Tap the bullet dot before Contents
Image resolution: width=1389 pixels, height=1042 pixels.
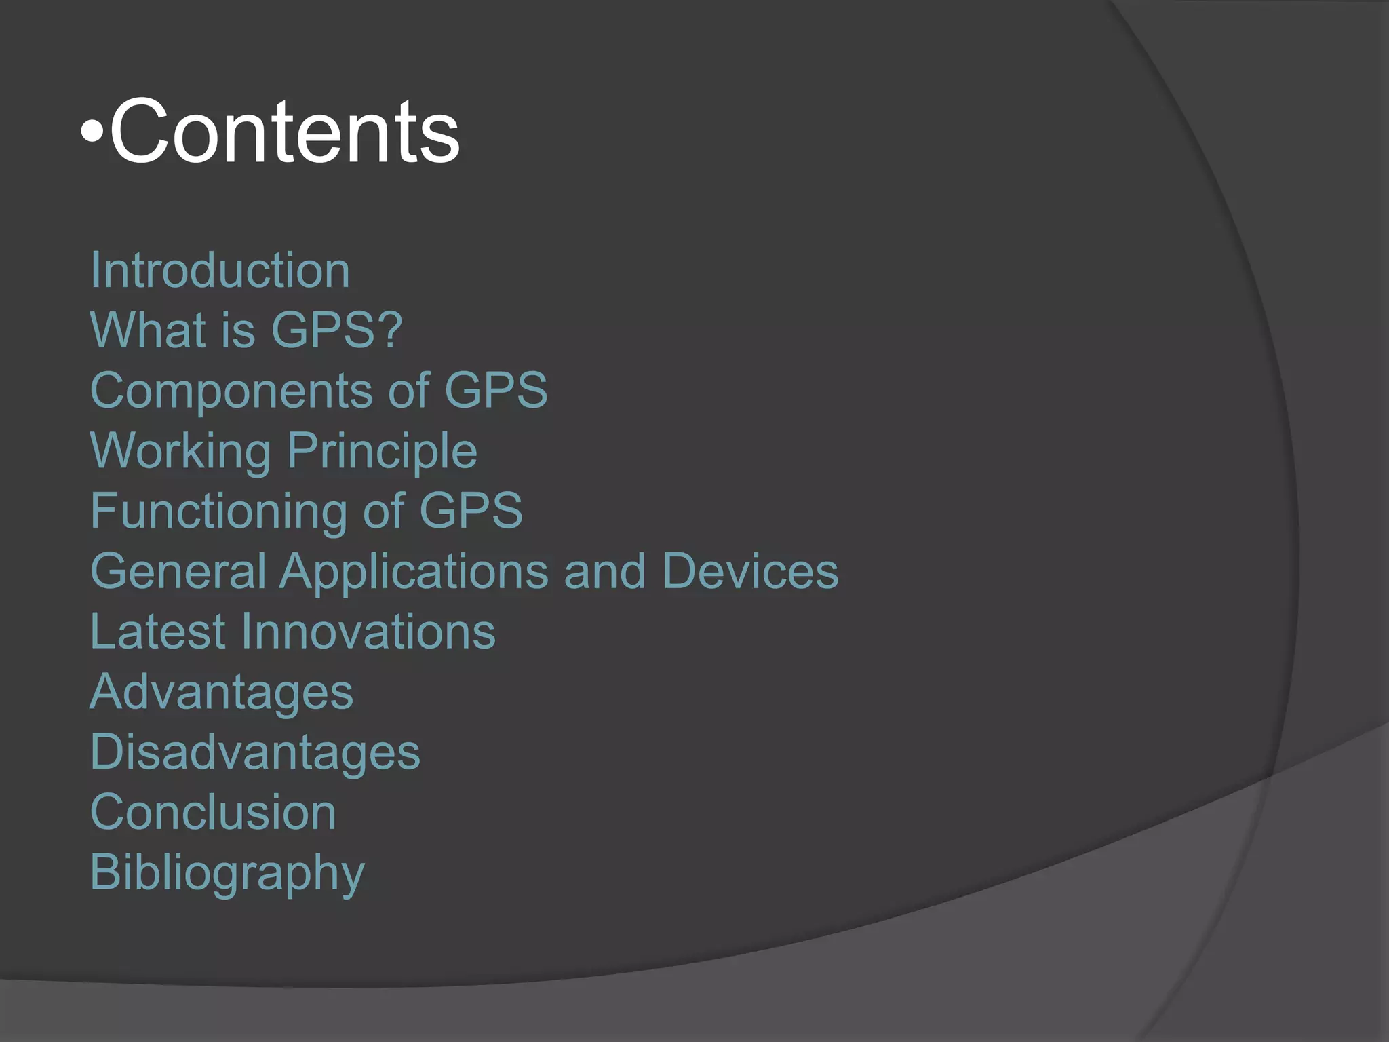click(92, 133)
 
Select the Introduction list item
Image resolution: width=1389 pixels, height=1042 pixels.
click(220, 271)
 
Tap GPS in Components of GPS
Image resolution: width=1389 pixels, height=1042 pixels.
click(495, 391)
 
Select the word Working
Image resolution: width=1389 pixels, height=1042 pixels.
click(180, 451)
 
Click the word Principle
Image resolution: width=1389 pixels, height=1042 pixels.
click(383, 451)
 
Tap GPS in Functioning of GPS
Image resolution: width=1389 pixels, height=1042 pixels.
click(471, 511)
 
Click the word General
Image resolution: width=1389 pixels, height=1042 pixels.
click(178, 571)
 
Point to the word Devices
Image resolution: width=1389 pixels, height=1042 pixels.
click(750, 571)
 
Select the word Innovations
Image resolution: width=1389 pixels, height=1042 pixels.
click(368, 632)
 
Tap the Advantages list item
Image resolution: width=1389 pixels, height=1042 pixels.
click(221, 693)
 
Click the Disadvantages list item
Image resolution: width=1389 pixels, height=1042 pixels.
click(255, 752)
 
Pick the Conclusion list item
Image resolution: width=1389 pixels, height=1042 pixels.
click(213, 813)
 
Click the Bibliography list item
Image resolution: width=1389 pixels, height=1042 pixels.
click(227, 874)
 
